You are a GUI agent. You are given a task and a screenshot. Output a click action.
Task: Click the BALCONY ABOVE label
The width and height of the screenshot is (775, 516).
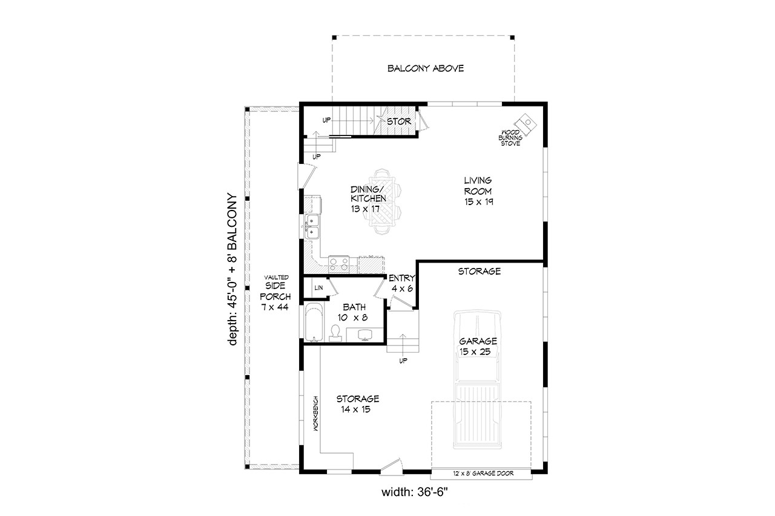tap(425, 68)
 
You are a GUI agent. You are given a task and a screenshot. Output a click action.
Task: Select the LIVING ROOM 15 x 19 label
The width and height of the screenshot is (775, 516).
tap(478, 191)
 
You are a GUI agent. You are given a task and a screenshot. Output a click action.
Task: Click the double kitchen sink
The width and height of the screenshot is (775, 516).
tap(312, 226)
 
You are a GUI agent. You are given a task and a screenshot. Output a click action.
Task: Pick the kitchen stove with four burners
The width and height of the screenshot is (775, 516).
tap(338, 264)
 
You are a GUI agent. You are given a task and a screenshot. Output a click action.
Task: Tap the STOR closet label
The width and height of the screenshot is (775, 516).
tap(399, 122)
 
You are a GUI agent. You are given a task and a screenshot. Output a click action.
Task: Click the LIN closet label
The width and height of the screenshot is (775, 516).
tap(318, 288)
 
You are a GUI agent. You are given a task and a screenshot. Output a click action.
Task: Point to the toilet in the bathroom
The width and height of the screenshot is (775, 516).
tap(334, 331)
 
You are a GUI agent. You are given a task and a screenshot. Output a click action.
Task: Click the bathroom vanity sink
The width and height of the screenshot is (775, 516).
tap(365, 335)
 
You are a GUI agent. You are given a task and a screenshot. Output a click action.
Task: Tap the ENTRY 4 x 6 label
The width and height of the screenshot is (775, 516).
tap(402, 283)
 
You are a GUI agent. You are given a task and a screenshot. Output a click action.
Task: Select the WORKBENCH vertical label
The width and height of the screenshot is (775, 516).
tap(315, 413)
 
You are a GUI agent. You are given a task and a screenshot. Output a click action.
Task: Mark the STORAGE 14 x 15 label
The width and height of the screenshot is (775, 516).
tap(357, 404)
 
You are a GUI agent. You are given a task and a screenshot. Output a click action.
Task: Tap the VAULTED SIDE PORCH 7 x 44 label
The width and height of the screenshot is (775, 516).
tap(275, 292)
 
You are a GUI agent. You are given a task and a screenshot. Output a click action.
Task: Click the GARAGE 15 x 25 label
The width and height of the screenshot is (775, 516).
tap(478, 346)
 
